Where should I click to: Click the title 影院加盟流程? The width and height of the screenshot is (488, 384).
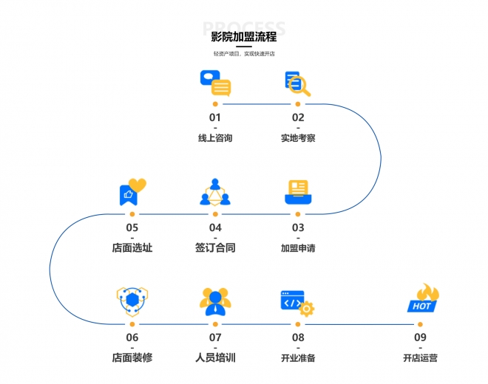coord(243,36)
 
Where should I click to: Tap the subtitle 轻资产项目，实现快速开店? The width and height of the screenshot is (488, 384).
coord(243,54)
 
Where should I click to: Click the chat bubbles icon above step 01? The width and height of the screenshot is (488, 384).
coord(215,83)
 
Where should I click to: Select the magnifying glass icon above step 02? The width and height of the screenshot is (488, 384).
coord(298,83)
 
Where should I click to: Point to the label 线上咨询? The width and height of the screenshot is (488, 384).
coord(215,137)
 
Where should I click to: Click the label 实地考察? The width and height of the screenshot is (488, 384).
coord(298,137)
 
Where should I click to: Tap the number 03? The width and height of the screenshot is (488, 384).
coord(298,227)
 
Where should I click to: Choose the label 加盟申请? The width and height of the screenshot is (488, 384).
coord(298,248)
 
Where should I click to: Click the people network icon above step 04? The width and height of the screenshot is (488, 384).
coord(215,193)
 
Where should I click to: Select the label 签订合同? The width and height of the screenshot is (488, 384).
coord(215,248)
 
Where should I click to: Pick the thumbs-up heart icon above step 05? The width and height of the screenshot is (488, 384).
coord(132,192)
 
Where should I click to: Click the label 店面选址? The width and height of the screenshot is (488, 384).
coord(132,248)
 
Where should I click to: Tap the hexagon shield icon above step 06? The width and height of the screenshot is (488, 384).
coord(132,301)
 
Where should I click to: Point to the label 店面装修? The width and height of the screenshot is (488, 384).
coord(132,358)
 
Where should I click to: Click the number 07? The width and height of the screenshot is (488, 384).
coord(215,337)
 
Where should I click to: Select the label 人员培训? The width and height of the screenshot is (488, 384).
coord(215,358)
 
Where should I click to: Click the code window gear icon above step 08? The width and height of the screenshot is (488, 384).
coord(298,302)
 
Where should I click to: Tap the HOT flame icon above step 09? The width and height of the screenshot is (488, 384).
coord(424,299)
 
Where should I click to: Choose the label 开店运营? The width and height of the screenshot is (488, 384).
coord(420,358)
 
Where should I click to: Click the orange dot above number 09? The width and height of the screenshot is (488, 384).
coord(420,323)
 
